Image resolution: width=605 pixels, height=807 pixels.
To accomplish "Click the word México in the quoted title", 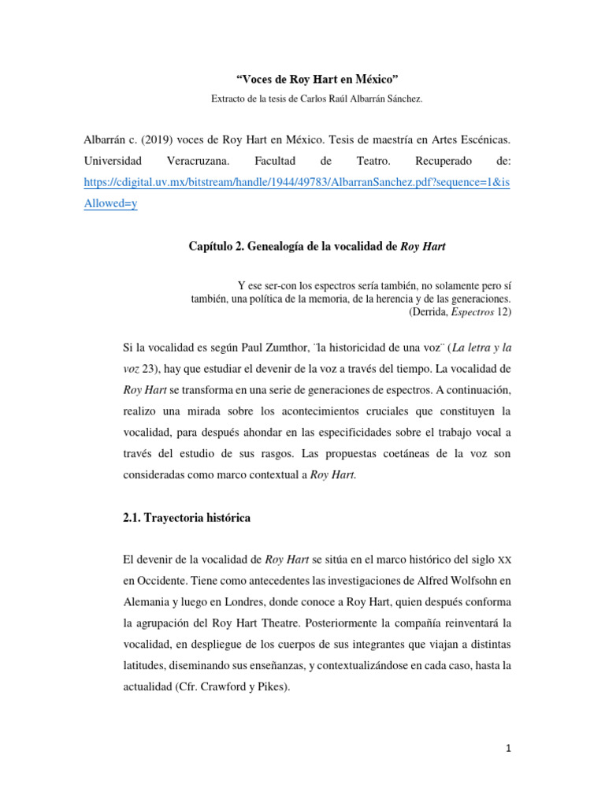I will (x=377, y=81).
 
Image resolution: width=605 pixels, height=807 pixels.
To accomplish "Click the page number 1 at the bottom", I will (x=509, y=749).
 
